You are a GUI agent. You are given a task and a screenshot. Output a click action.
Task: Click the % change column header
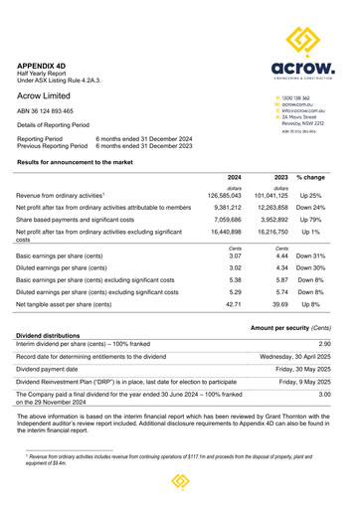point(311,175)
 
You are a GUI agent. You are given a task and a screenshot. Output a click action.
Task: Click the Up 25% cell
point(312,196)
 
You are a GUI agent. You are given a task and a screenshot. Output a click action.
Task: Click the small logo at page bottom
point(180,482)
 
